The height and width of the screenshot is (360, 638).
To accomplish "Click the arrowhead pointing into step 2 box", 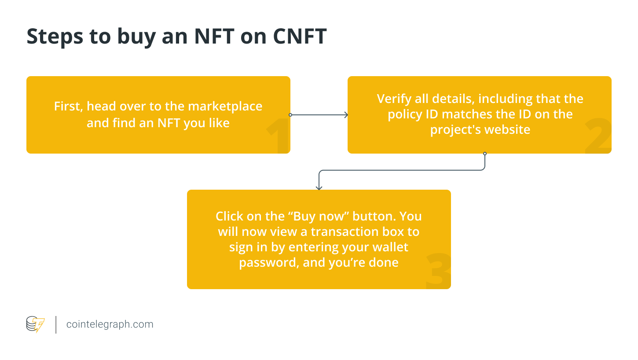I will (346, 115).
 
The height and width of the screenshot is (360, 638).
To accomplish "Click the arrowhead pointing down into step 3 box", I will (319, 187).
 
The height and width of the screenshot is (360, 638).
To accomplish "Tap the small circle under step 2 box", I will (485, 154).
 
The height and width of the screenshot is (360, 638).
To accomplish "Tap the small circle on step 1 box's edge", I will (290, 115).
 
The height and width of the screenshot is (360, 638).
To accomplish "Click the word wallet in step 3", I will (390, 247).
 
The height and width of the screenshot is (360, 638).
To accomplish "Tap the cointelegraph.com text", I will (110, 324).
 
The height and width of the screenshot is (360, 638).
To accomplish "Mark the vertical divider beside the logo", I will (56, 324).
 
